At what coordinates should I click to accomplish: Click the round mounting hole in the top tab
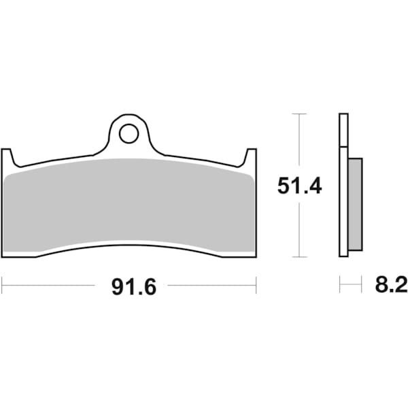point(128,134)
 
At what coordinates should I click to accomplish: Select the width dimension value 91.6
point(133,287)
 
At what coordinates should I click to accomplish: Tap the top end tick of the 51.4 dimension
point(298,114)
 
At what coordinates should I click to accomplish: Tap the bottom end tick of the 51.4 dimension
point(298,257)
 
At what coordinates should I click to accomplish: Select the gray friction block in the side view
point(355,203)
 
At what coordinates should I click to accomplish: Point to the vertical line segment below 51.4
point(298,228)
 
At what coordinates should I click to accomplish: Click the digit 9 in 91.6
point(118,287)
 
